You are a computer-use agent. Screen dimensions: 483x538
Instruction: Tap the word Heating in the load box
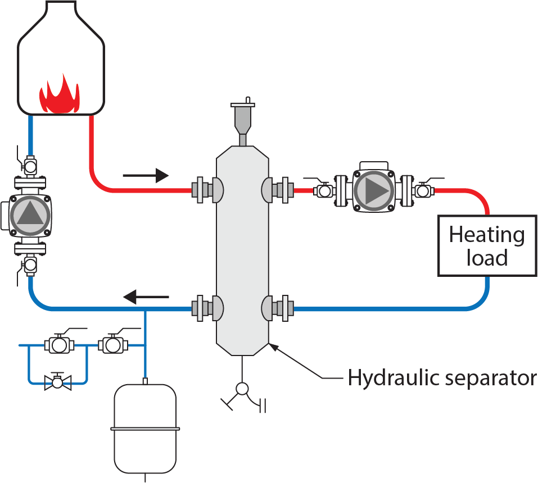[487, 235]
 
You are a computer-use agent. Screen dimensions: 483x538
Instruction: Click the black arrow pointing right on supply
[146, 176]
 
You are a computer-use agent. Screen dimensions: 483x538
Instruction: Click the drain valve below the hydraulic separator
[242, 389]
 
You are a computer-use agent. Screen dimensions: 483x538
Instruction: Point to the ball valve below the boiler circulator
[29, 262]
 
